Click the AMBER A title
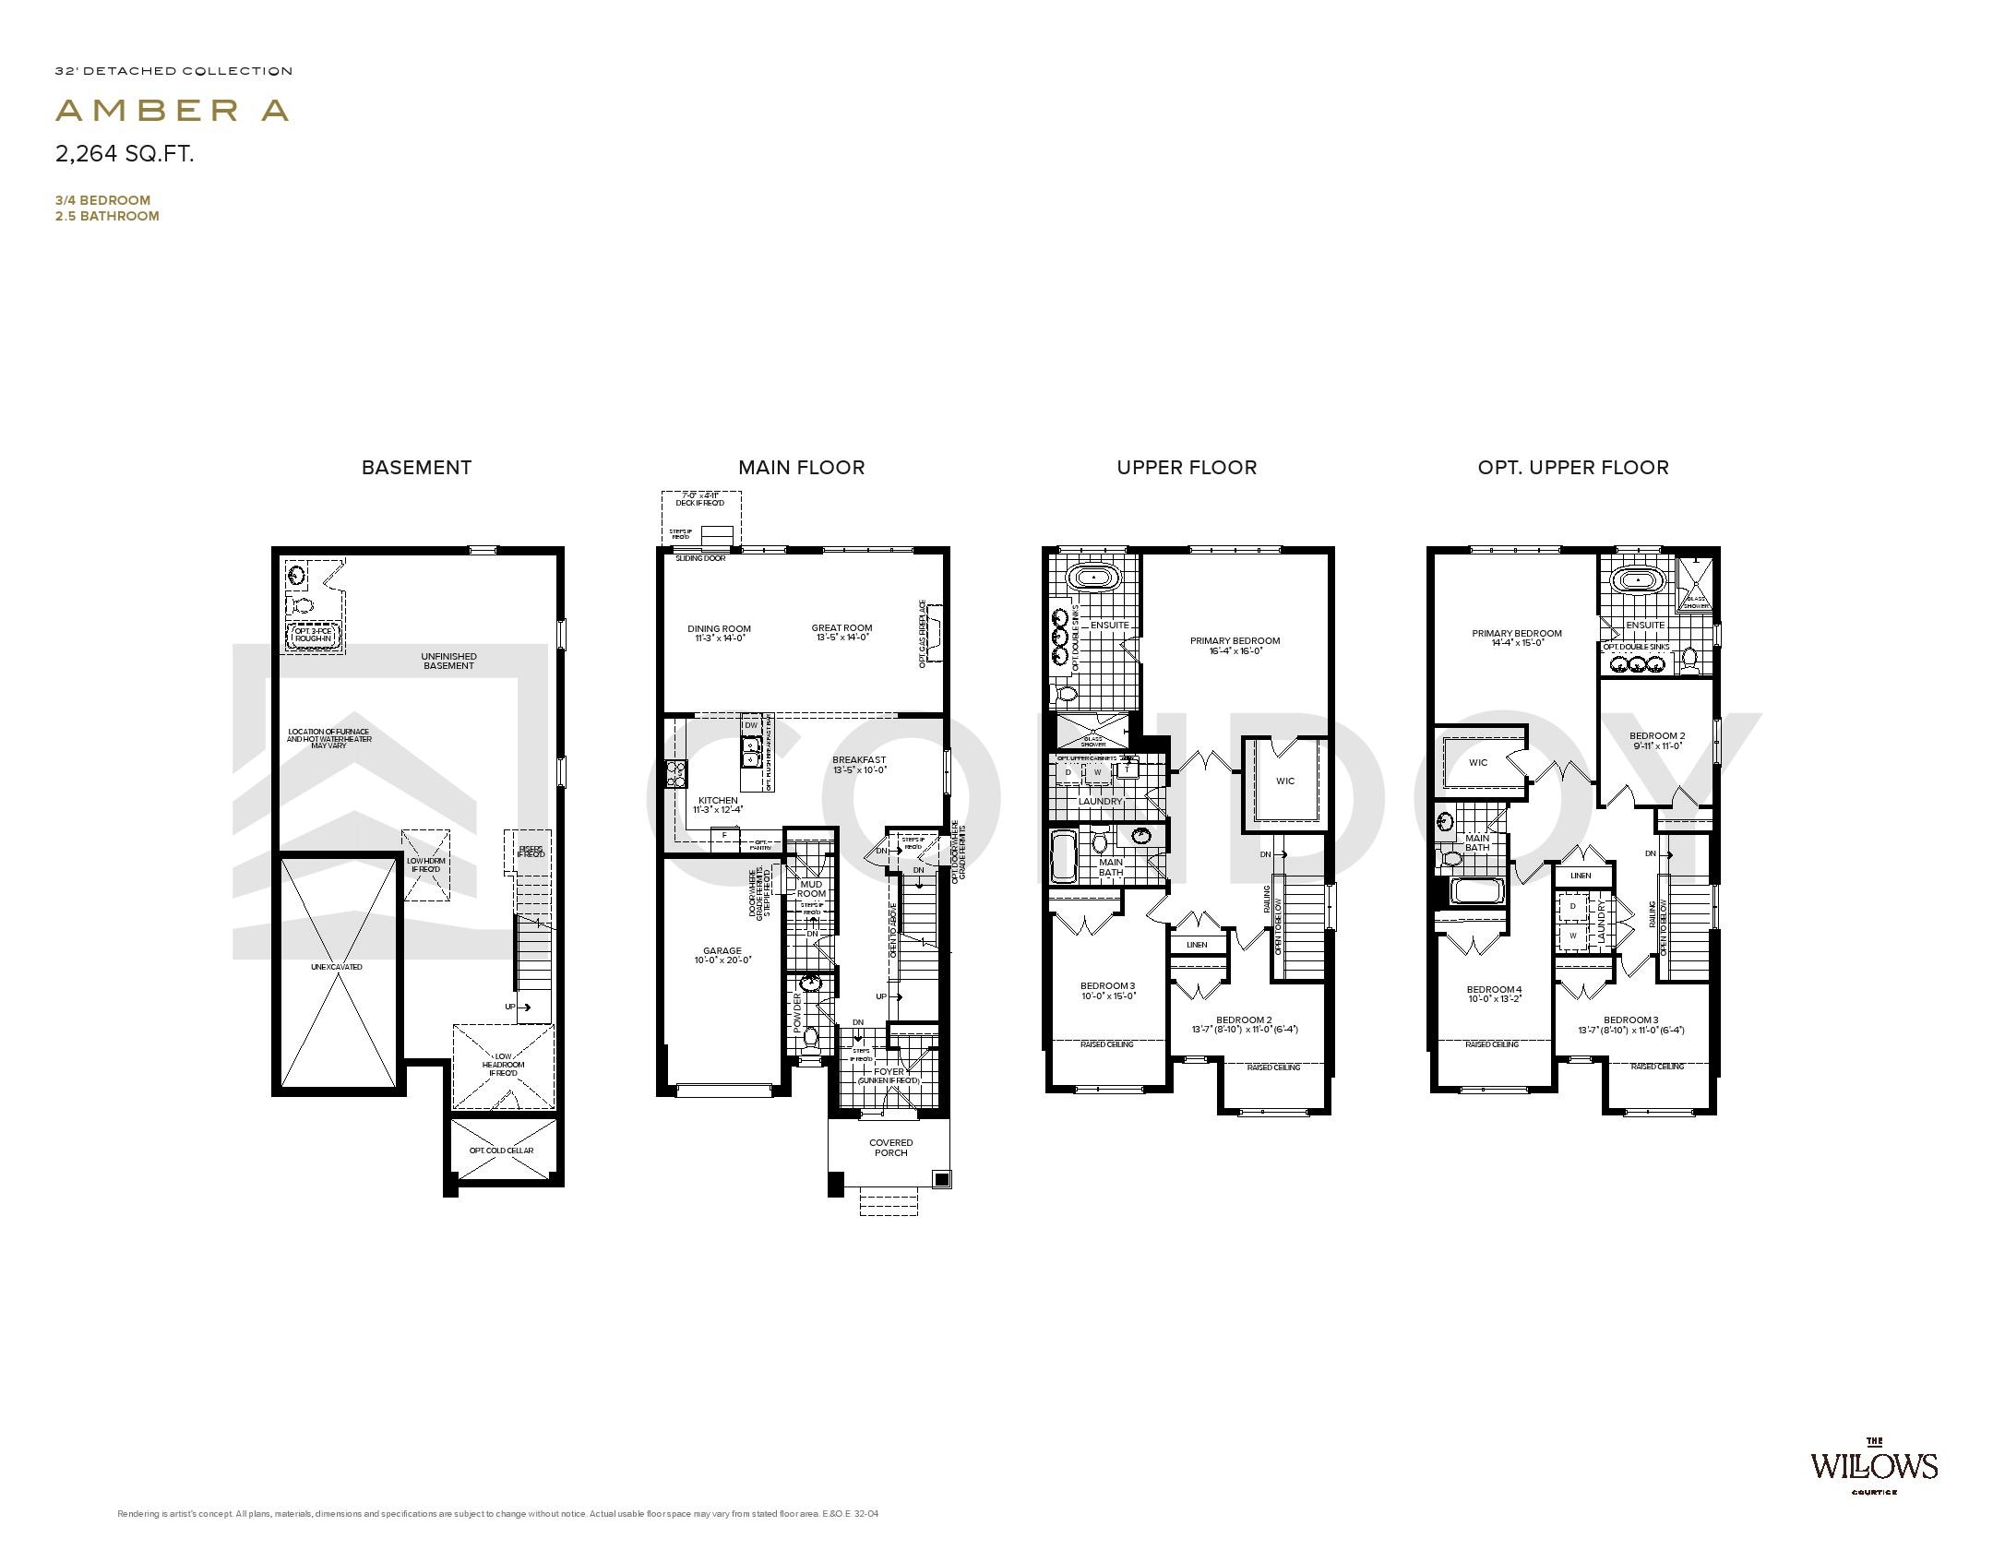click(173, 111)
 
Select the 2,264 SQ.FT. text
click(125, 154)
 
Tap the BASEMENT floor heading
click(416, 468)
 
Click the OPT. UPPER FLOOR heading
click(1572, 468)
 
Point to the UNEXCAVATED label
click(337, 967)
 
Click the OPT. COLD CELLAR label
click(501, 1151)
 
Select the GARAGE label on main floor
click(722, 951)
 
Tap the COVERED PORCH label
click(890, 1148)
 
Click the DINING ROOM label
click(719, 629)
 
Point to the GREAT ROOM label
click(841, 628)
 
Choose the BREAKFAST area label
click(859, 760)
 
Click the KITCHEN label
click(718, 801)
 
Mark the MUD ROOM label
click(811, 889)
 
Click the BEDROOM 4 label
click(1494, 990)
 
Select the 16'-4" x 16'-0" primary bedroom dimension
click(1235, 651)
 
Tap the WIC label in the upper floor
click(1285, 781)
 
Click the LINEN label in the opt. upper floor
click(1581, 876)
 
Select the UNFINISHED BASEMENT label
click(449, 662)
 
